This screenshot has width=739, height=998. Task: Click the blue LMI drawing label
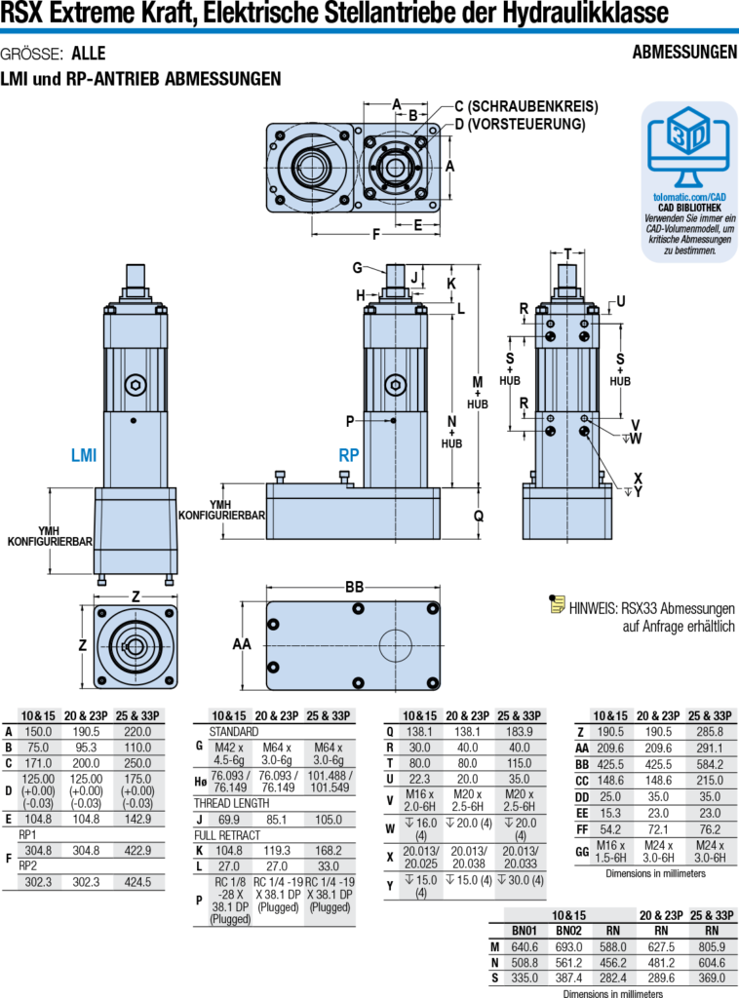coord(83,455)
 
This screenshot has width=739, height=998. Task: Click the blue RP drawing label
coord(349,455)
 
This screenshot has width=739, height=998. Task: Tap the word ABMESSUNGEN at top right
coord(684,52)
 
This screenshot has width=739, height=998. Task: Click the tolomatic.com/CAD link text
coord(689,196)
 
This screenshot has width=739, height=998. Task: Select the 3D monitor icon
coord(689,146)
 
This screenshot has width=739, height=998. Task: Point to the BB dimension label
coord(354,587)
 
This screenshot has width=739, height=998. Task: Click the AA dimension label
coord(242,644)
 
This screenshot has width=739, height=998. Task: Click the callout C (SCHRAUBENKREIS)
coord(526,106)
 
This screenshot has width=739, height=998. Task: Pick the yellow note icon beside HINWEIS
coord(557,605)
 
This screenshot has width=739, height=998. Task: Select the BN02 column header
coord(566,931)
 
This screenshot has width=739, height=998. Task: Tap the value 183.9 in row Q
coord(517,732)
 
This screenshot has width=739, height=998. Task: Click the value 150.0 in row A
coord(38,732)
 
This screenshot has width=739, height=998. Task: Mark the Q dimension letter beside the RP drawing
coord(478,517)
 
